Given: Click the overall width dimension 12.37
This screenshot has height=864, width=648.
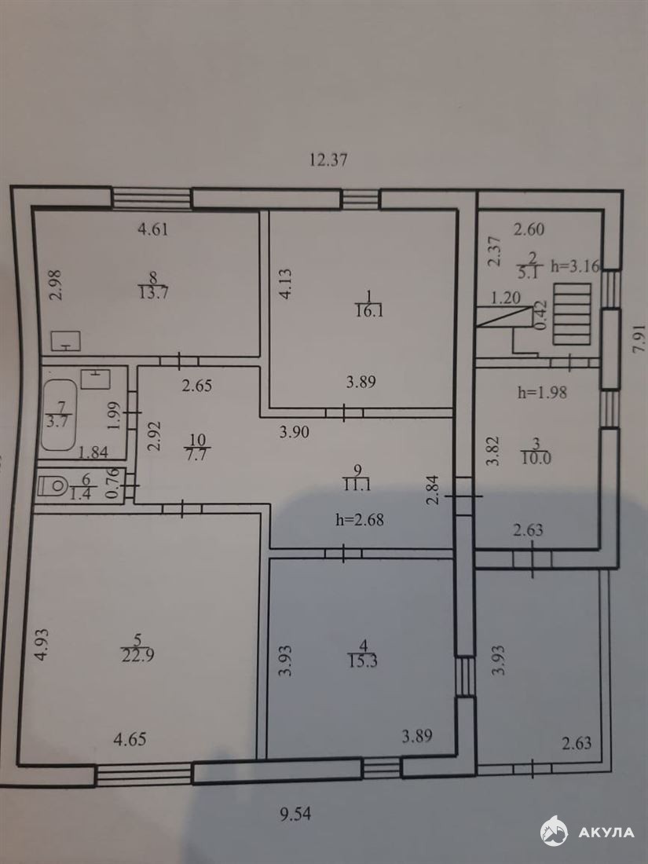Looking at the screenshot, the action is point(328,159).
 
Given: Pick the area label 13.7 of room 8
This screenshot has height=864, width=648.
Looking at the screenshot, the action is point(153,292).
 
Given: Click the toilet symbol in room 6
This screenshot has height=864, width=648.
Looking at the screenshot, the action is point(53,485).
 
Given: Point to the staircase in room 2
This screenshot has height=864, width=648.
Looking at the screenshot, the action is point(572,314).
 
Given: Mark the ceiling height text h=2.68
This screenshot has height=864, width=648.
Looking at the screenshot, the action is point(359,520).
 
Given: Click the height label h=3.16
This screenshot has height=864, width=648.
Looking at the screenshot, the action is point(575,267).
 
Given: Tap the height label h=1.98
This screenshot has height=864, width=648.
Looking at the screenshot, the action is point(542,393).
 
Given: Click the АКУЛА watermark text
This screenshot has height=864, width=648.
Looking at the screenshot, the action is point(606,832).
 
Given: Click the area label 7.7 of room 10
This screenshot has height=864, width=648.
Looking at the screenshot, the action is point(197,455).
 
